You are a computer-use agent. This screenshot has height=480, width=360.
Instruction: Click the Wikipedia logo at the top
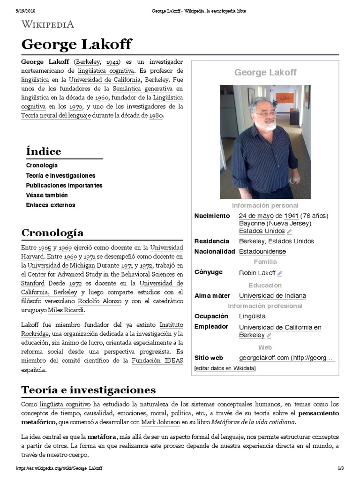[x=47, y=24]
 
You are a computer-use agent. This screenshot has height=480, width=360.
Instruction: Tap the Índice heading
[x=44, y=151]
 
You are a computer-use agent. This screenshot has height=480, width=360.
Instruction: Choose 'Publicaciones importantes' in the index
[x=64, y=185]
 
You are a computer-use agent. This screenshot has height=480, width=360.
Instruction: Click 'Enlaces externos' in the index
[x=51, y=205]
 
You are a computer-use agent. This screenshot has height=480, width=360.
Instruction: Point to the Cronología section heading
[x=52, y=232]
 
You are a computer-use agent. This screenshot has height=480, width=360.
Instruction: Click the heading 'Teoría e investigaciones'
[x=89, y=390]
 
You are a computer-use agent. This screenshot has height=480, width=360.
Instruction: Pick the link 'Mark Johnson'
[x=161, y=422]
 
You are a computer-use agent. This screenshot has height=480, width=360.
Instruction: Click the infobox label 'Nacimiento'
[x=212, y=216]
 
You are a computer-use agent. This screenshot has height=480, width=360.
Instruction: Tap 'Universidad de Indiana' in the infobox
[x=272, y=296]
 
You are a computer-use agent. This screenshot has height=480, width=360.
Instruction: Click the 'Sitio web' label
[x=209, y=358]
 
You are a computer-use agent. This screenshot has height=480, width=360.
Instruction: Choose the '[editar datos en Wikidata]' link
[x=225, y=368]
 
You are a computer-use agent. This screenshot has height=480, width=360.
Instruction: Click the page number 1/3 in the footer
[x=341, y=468]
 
